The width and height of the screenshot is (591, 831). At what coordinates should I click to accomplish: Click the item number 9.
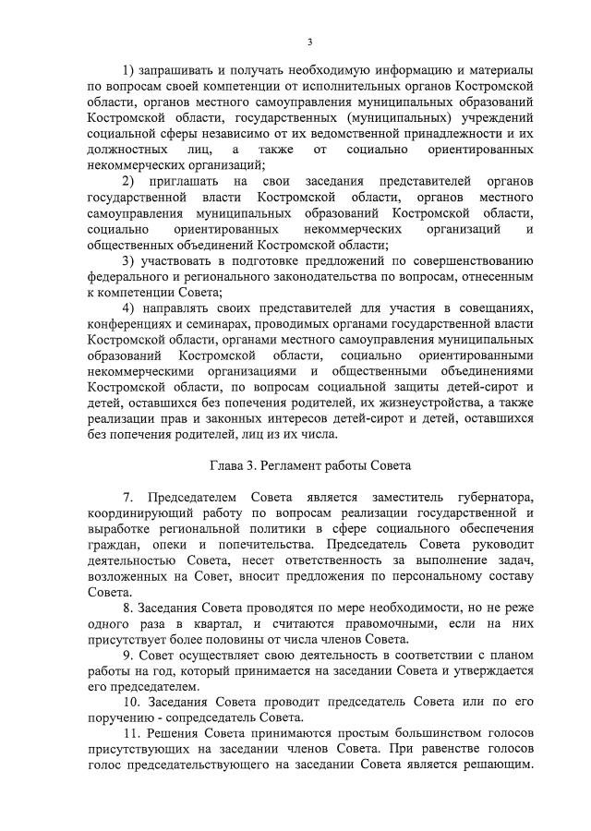click(126, 656)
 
